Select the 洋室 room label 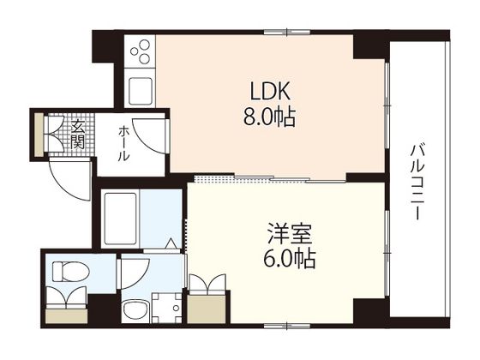pos(284,234)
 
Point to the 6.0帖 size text pos(284,258)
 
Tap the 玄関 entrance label pos(78,135)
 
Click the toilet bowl pos(66,273)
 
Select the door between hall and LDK pos(153,138)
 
